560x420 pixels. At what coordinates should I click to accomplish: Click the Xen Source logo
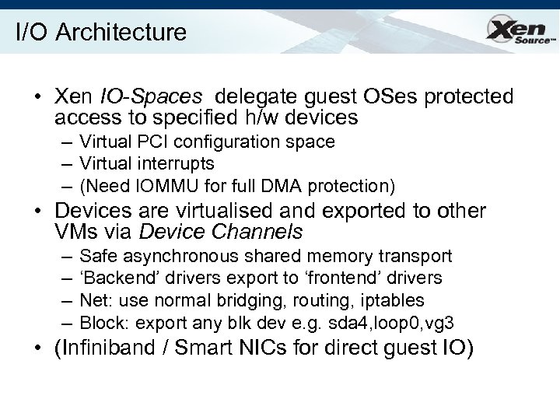tap(519, 32)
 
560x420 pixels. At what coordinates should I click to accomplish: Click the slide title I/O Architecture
tap(101, 32)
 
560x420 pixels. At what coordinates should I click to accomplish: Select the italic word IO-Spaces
tap(152, 96)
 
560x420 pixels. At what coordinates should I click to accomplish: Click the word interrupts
tap(179, 164)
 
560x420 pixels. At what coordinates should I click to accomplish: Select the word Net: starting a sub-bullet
tap(96, 299)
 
